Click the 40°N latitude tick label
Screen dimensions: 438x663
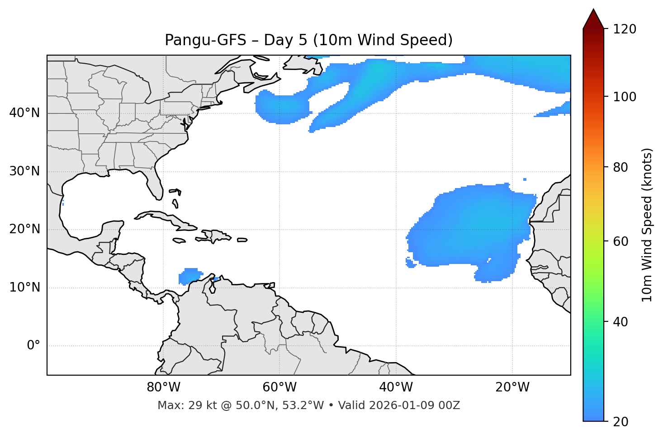[24, 113]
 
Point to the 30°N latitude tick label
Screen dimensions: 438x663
[24, 171]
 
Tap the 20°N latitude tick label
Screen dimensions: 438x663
[24, 229]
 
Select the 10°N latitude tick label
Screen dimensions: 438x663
[24, 287]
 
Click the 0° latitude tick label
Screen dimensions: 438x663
[33, 346]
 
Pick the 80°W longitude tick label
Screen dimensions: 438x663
[163, 387]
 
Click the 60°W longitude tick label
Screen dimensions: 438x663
[279, 387]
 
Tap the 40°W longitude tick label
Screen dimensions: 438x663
[396, 387]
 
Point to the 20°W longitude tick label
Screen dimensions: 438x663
[512, 387]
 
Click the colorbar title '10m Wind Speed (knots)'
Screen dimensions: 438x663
[647, 225]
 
